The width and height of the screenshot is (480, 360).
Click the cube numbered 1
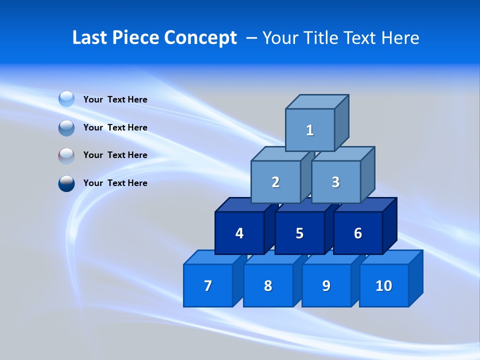click(x=309, y=130)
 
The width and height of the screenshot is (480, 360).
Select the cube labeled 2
click(x=275, y=182)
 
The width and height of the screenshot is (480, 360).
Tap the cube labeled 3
click(x=335, y=182)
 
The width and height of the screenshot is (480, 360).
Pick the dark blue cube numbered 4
click(x=239, y=233)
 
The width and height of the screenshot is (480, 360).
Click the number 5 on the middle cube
click(x=299, y=233)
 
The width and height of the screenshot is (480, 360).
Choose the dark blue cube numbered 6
click(x=358, y=233)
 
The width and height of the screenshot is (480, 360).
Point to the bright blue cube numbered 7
click(x=208, y=285)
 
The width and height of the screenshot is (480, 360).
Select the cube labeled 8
click(x=268, y=285)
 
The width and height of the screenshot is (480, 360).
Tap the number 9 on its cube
click(x=326, y=285)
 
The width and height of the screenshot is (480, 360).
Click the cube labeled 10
click(x=383, y=285)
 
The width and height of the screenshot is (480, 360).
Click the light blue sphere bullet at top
click(x=66, y=99)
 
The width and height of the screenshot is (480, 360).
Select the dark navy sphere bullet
click(x=66, y=183)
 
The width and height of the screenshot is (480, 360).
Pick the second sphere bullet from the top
click(x=66, y=128)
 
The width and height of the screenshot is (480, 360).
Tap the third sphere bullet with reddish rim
click(x=66, y=156)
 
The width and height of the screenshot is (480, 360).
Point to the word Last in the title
click(x=90, y=38)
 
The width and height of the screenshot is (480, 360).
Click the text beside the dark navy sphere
click(x=115, y=183)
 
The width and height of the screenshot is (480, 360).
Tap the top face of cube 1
click(x=316, y=102)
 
